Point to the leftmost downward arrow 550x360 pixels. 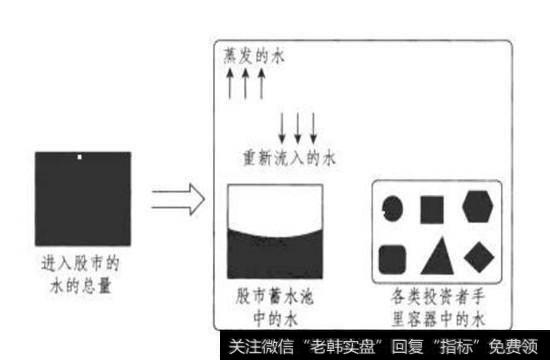283,126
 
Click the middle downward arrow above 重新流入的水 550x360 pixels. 299,126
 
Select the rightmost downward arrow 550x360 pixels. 315,126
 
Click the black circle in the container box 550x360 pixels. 393,208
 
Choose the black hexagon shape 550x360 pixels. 477,207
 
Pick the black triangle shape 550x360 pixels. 435,257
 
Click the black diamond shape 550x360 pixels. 478,257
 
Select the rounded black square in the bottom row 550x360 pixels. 393,258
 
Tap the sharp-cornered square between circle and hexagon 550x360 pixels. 432,208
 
